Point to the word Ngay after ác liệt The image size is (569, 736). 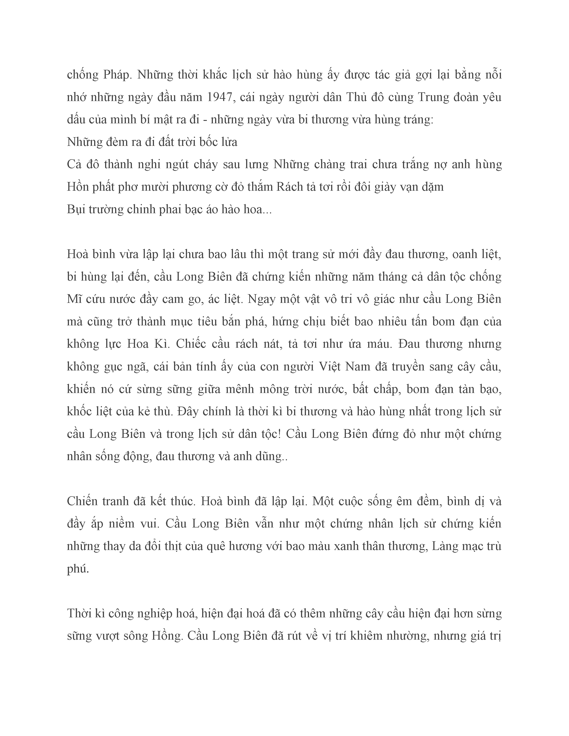(262, 299)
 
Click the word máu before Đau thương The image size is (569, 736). (378, 344)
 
